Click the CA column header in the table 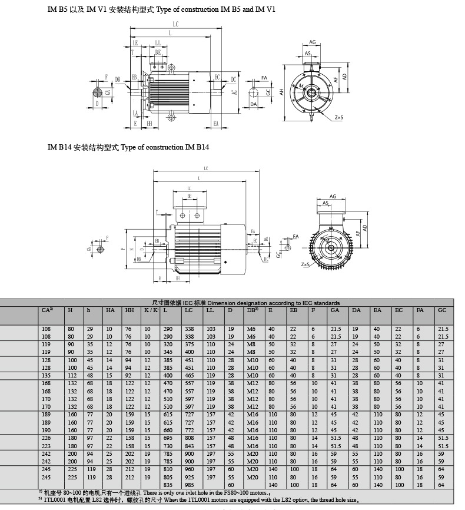pos(48,310)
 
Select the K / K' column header pos(150,310)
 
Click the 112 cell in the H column pos(71,375)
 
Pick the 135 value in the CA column pos(46,375)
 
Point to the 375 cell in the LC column pos(188,343)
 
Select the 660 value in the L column pos(169,429)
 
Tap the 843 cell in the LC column pos(188,445)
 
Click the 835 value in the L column pos(169,485)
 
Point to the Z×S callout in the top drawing pos(339,118)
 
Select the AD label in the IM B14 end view pos(365,227)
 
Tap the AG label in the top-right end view pos(313,42)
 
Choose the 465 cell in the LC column pos(188,375)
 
